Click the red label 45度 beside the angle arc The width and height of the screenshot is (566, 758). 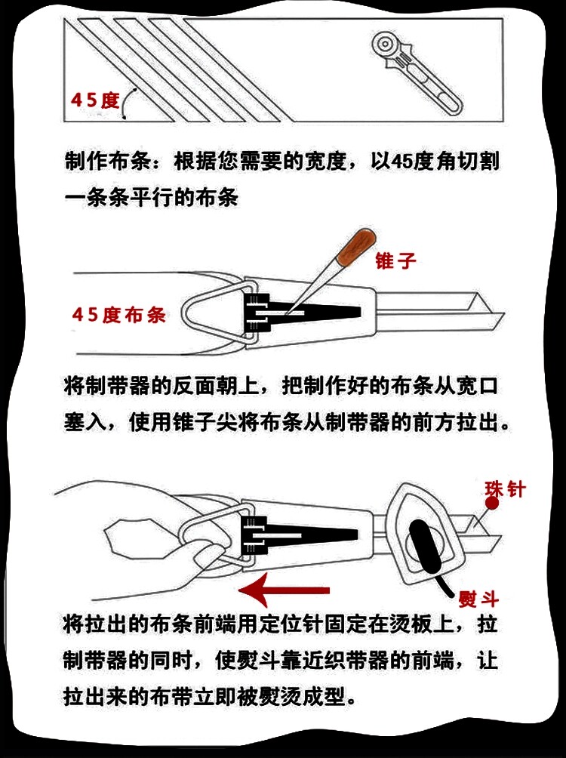point(95,100)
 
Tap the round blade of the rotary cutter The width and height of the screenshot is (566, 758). point(385,44)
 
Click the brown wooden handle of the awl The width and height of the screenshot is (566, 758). point(358,247)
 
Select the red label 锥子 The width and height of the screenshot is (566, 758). point(395,260)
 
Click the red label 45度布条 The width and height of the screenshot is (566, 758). point(119,315)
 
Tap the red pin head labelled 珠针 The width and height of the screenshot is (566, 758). point(492,504)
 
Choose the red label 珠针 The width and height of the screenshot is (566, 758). point(505,489)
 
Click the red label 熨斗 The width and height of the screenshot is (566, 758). point(478,599)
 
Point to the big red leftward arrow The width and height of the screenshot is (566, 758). point(285,590)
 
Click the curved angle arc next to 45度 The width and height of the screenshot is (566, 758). point(126,103)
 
